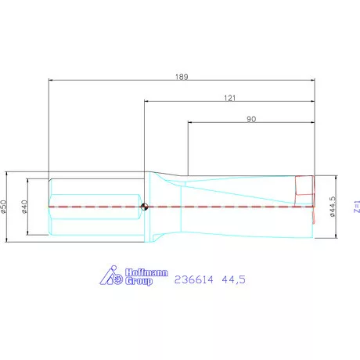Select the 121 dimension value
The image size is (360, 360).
tap(229, 98)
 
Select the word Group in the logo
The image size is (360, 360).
tap(139, 281)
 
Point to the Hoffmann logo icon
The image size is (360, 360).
tap(114, 276)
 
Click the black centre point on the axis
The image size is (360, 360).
tap(146, 207)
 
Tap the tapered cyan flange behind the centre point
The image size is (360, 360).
tap(167, 207)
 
